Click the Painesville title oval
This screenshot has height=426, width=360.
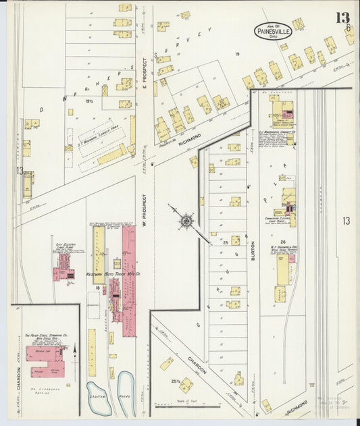pos(273,30)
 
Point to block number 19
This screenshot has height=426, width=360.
pos(237,53)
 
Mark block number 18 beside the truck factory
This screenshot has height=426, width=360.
pos(98,288)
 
